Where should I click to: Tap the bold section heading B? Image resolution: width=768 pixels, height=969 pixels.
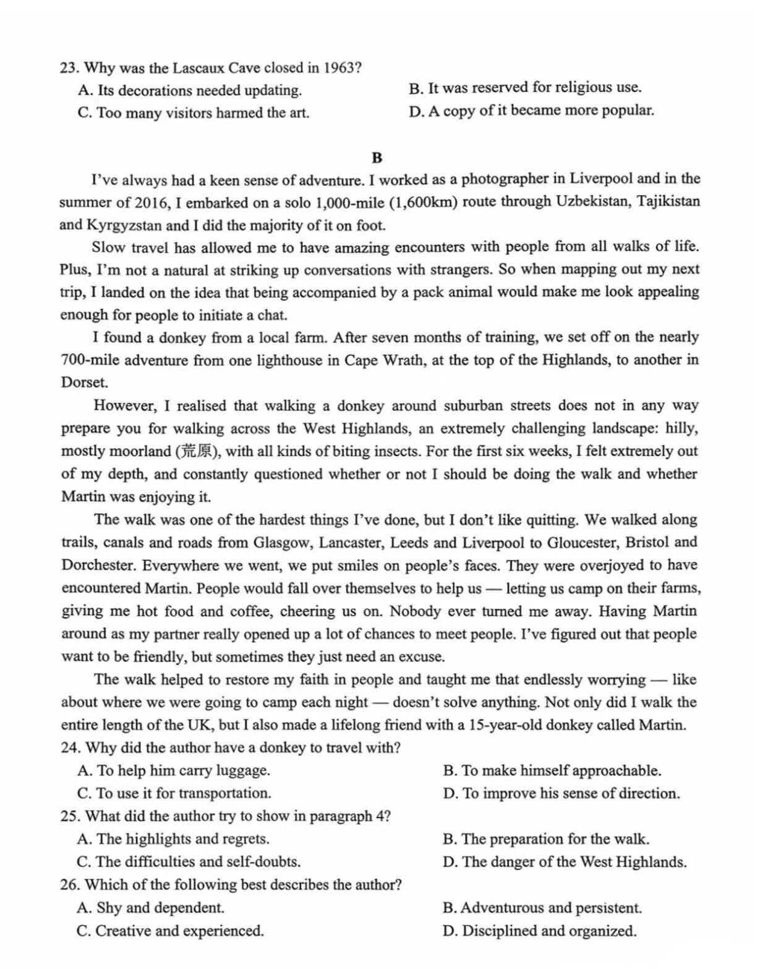[x=377, y=158]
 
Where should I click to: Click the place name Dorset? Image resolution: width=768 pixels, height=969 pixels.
[x=83, y=383]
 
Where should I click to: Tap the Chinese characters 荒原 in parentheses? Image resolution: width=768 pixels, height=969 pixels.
[x=197, y=451]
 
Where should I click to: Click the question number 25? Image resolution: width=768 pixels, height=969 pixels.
[x=70, y=816]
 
